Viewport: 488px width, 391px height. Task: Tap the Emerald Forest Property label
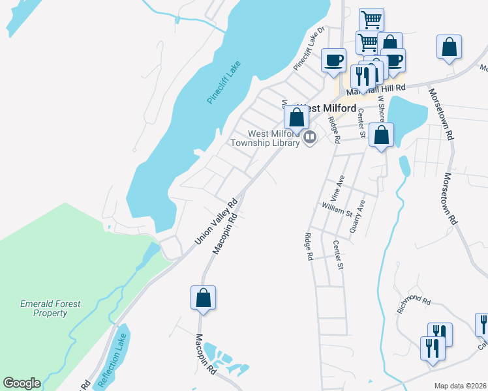point(50,308)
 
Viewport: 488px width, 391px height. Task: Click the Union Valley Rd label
point(214,222)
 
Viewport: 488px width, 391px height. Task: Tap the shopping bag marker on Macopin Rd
point(203,298)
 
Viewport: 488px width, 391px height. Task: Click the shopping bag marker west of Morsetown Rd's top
point(449,48)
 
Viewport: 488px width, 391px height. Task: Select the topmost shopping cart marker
point(371,20)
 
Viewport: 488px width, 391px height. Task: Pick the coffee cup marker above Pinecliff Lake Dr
point(334,60)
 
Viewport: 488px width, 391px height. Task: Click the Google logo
point(22,383)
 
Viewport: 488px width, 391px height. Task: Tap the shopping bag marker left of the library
point(296,118)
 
